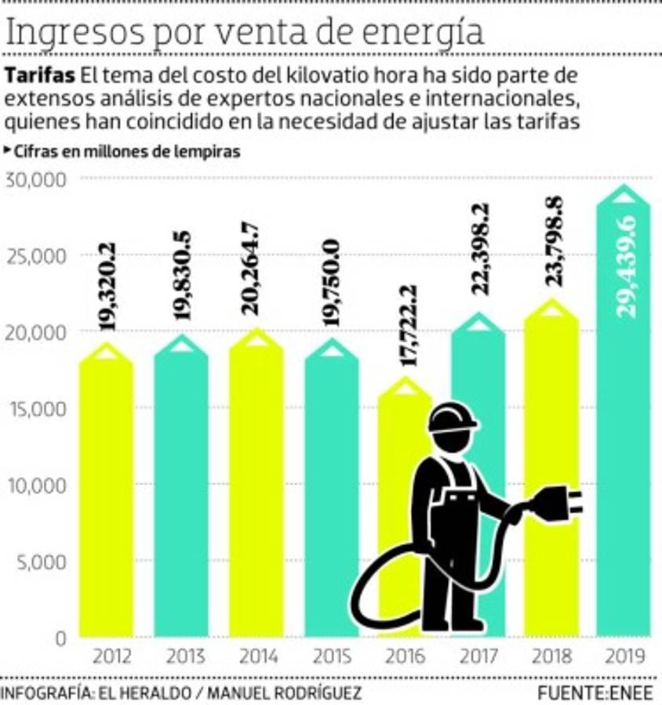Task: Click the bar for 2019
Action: point(623,439)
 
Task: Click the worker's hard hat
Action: point(453,418)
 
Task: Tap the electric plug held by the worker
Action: point(555,502)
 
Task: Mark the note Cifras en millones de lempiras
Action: point(125,152)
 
